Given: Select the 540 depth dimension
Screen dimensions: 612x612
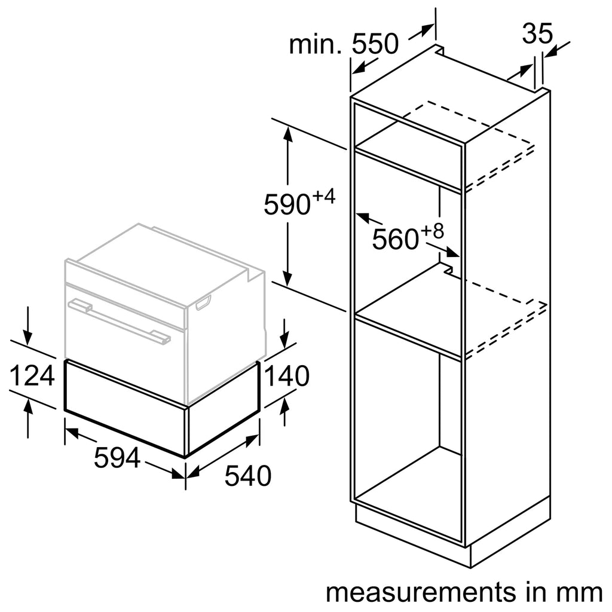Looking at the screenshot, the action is click(x=248, y=475).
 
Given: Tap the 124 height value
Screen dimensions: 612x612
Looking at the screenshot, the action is click(x=32, y=375).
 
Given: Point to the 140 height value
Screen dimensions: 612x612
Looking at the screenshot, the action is click(x=287, y=375).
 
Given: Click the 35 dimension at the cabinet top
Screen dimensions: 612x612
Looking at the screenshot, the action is click(x=537, y=33).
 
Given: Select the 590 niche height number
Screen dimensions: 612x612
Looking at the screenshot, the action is click(x=287, y=204).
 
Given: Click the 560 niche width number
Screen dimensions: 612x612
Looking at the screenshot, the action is click(x=396, y=239).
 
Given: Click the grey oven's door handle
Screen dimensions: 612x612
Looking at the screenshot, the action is click(x=119, y=320).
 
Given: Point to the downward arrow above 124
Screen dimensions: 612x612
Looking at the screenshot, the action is click(x=27, y=326).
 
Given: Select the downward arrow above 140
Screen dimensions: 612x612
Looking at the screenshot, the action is click(x=285, y=333).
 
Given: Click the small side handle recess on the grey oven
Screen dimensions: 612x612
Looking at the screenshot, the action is click(x=203, y=302).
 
